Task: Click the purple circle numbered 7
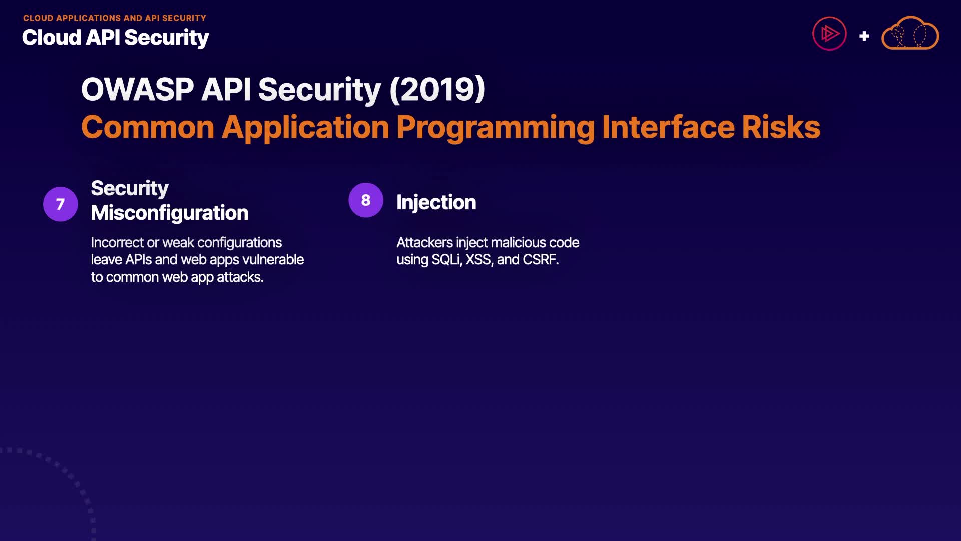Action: (x=61, y=204)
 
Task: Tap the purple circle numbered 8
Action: (x=366, y=200)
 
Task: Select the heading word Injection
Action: (x=436, y=203)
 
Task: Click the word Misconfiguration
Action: (x=170, y=213)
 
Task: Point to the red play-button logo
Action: (x=829, y=34)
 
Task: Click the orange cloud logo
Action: (x=910, y=33)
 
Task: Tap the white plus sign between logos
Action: (x=864, y=36)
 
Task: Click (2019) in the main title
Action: (x=437, y=90)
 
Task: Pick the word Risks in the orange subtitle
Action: (x=781, y=127)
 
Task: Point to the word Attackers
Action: (x=425, y=243)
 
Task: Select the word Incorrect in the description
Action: (x=118, y=243)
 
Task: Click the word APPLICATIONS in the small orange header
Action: (x=89, y=18)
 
